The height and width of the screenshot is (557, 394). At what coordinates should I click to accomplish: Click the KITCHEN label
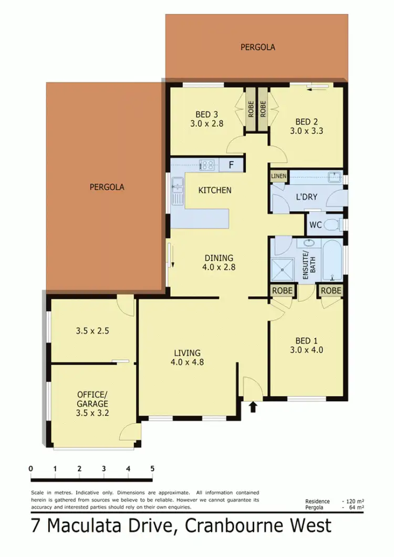(x=214, y=190)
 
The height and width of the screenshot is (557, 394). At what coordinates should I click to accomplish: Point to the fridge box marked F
(x=231, y=166)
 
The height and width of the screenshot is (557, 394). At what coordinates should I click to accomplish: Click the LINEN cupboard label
(x=278, y=176)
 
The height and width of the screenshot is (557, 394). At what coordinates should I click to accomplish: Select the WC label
(x=315, y=225)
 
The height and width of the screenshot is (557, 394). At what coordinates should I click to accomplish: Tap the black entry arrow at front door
(x=254, y=406)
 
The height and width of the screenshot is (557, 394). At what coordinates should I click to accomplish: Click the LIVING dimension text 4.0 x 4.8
(x=186, y=362)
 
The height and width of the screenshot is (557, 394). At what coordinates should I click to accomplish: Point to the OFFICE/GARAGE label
(x=92, y=399)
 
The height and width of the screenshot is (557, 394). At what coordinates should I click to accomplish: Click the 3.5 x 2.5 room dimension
(x=92, y=331)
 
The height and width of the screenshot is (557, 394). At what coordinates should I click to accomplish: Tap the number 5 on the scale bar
(x=152, y=468)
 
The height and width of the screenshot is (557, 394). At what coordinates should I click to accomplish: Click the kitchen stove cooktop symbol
(x=207, y=166)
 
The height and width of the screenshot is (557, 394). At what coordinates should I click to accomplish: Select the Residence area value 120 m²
(x=356, y=502)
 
